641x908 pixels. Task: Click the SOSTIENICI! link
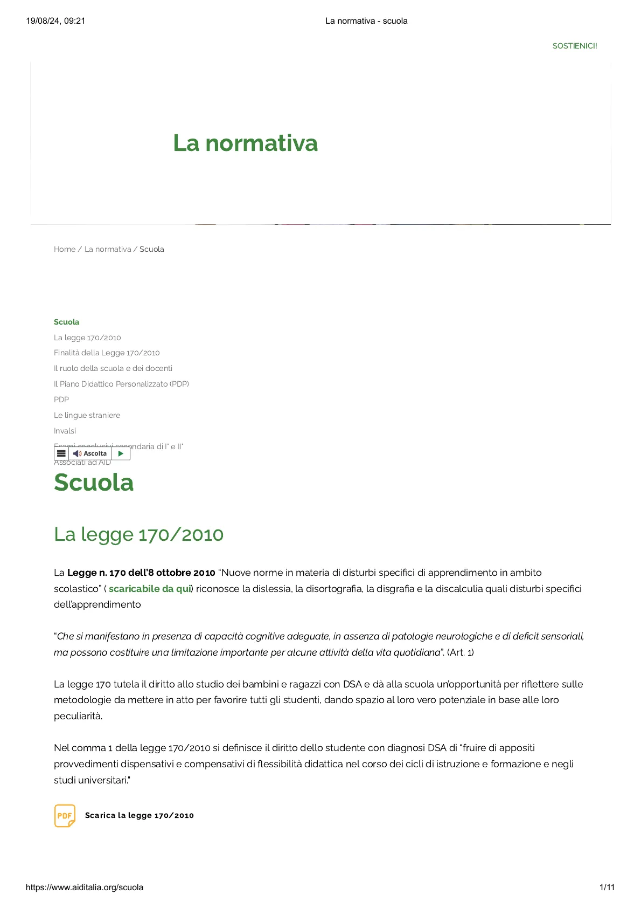point(574,46)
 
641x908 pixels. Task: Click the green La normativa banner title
point(245,143)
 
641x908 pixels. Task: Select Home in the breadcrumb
point(64,249)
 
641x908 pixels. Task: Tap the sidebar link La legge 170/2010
point(87,338)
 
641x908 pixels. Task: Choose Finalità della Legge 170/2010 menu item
point(107,353)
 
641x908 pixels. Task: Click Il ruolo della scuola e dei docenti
point(113,368)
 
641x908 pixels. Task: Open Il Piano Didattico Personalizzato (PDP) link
point(121,384)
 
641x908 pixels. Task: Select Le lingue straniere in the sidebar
point(87,415)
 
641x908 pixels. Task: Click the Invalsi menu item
point(65,431)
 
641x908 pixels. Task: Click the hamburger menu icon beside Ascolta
point(61,453)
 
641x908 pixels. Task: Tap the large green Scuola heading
point(94,482)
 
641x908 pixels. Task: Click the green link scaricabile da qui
point(150,589)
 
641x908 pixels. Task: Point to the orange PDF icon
point(65,815)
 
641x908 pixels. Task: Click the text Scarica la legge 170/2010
point(139,815)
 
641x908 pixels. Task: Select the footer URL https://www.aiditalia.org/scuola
point(85,887)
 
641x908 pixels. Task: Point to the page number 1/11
point(607,887)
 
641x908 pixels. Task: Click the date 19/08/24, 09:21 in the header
point(55,21)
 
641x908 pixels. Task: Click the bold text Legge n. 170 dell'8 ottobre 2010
point(141,573)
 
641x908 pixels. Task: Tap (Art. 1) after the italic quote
point(460,652)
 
